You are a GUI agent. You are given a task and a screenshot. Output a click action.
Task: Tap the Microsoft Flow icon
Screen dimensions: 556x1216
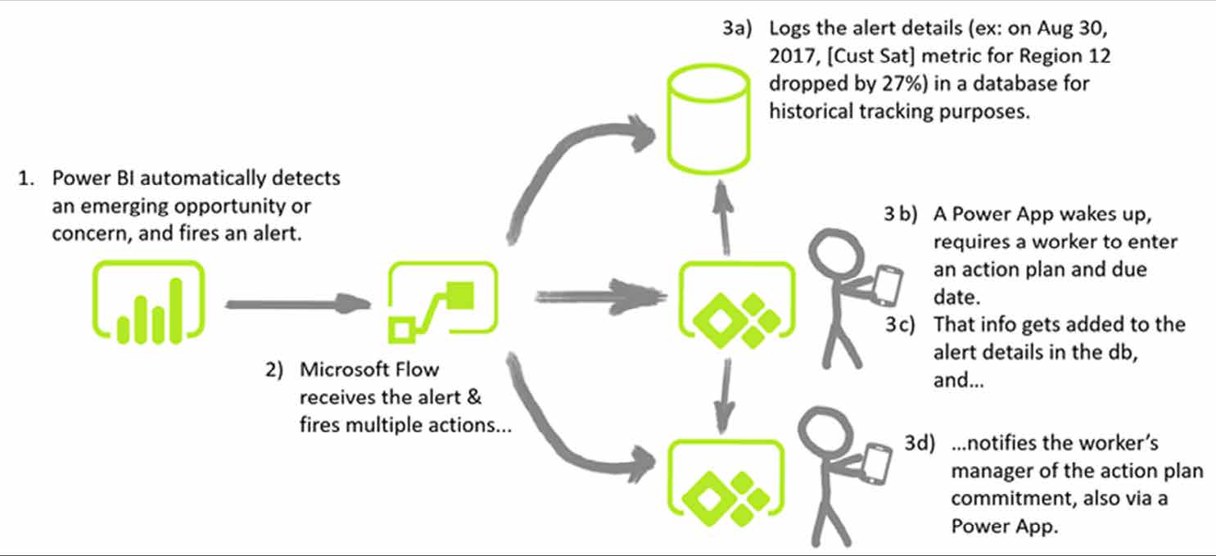tap(442, 301)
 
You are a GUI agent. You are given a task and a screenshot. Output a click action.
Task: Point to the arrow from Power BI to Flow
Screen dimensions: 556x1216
tap(295, 304)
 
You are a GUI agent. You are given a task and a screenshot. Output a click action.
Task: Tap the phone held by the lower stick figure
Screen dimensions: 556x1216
tap(876, 463)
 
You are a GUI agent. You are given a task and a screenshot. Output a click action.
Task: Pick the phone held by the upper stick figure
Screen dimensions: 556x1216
tap(888, 284)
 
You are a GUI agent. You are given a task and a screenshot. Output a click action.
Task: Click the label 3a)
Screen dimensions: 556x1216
tap(738, 29)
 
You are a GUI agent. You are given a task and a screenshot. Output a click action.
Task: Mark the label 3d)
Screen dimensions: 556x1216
tap(920, 444)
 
